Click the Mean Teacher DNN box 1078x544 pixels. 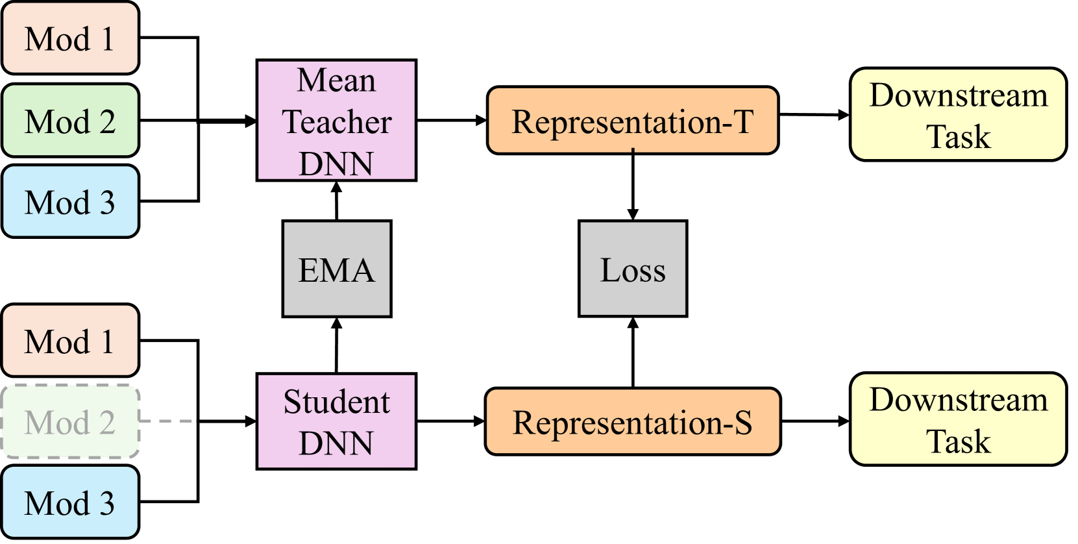(x=336, y=121)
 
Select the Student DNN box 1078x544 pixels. (x=336, y=421)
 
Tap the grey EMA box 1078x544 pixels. (x=336, y=269)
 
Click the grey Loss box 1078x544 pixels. (x=632, y=269)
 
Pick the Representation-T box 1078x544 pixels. (x=632, y=121)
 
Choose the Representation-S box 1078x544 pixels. (x=632, y=421)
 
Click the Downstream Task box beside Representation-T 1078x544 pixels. (x=958, y=115)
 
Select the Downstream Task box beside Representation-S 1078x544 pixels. (x=958, y=419)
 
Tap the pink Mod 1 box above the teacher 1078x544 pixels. (x=70, y=38)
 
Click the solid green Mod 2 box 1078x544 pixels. (x=70, y=121)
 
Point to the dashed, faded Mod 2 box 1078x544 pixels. (x=70, y=422)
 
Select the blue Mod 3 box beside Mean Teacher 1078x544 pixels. (x=70, y=201)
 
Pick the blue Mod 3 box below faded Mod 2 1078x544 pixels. (x=70, y=502)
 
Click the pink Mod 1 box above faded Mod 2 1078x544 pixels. (x=70, y=341)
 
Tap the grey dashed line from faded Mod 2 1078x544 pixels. (x=167, y=421)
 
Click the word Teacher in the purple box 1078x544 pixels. (x=336, y=122)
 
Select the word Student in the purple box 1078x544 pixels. (x=336, y=402)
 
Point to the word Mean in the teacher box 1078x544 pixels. (x=336, y=80)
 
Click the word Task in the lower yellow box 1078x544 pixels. (x=958, y=441)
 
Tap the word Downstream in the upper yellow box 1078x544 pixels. (x=958, y=95)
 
